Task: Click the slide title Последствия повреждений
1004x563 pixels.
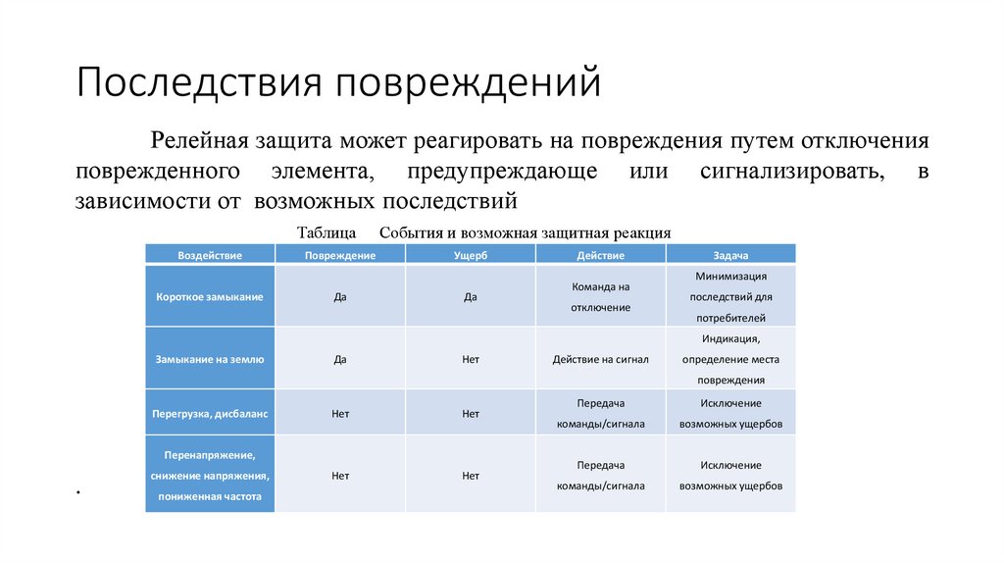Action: pyautogui.click(x=337, y=83)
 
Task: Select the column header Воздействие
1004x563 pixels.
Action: pyautogui.click(x=210, y=255)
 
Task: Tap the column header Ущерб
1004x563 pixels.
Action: pyautogui.click(x=471, y=255)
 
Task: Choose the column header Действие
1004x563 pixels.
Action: pyautogui.click(x=601, y=255)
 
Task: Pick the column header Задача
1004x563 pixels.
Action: pyautogui.click(x=731, y=255)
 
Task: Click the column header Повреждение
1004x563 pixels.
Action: pyautogui.click(x=340, y=255)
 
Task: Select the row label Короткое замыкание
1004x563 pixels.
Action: pyautogui.click(x=210, y=296)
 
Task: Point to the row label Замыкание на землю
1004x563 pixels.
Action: pyautogui.click(x=210, y=359)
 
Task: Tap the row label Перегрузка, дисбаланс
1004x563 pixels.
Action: pyautogui.click(x=210, y=414)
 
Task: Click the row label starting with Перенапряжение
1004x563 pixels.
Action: pyautogui.click(x=210, y=476)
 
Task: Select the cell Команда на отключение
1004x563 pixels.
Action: pyautogui.click(x=601, y=297)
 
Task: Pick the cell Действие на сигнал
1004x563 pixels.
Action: pyautogui.click(x=601, y=359)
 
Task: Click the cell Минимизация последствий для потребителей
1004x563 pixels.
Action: pyautogui.click(x=731, y=297)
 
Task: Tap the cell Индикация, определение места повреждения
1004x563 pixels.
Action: pyautogui.click(x=731, y=359)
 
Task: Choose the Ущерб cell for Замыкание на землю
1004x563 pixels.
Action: pyautogui.click(x=471, y=359)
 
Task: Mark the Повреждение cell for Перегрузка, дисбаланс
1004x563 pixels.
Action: pyautogui.click(x=340, y=414)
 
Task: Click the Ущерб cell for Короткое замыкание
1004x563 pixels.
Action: pyautogui.click(x=471, y=296)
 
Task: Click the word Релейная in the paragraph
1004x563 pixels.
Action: pyautogui.click(x=198, y=141)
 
